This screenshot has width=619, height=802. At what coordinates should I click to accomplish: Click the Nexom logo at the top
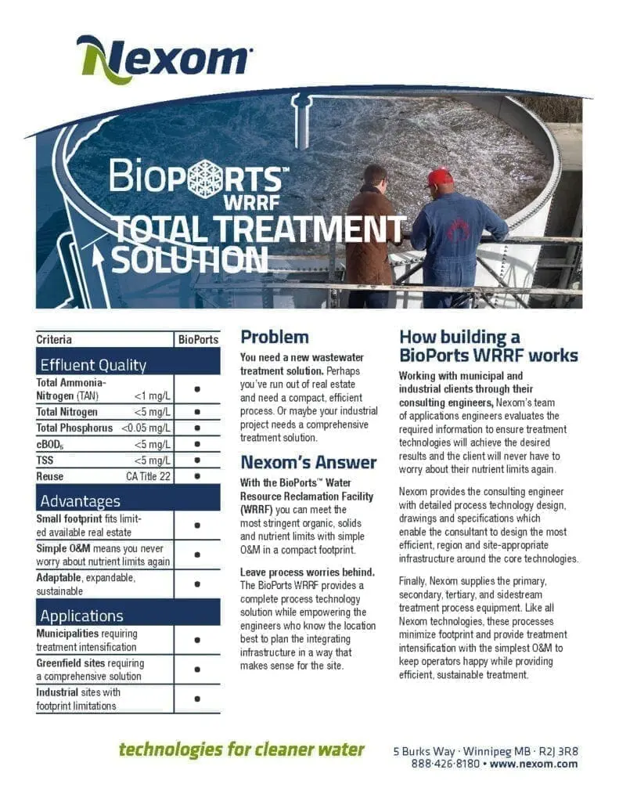[x=164, y=59]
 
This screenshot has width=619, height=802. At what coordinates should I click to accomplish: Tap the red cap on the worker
[x=440, y=176]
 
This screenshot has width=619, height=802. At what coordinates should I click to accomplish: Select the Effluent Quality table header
[x=93, y=365]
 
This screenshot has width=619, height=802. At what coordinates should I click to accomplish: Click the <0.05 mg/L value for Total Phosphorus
[x=146, y=428]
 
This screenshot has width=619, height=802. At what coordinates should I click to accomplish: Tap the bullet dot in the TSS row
[x=197, y=460]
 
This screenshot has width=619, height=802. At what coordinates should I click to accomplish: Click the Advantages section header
[x=81, y=500]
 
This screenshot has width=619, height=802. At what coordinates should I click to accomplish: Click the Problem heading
[x=274, y=338]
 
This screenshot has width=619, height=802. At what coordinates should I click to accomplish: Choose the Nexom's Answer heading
[x=308, y=462]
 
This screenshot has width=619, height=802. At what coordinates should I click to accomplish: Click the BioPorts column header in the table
[x=198, y=340]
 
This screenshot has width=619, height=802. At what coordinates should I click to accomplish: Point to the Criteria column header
[x=54, y=340]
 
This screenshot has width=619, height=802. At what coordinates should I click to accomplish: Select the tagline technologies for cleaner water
[x=241, y=750]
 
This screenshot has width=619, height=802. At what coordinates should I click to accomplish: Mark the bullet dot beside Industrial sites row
[x=197, y=699]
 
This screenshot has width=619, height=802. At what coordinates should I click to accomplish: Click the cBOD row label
[x=49, y=444]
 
